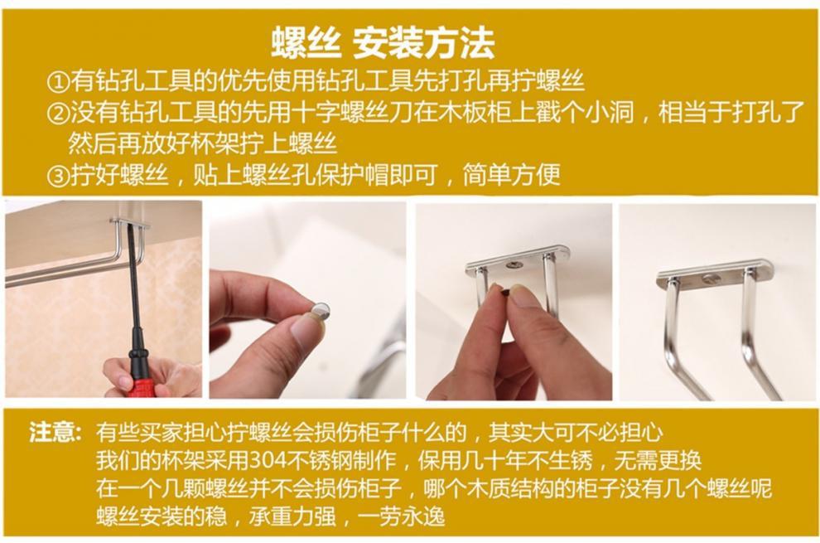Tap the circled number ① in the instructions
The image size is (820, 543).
point(57,82)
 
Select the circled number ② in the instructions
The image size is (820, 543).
point(57,113)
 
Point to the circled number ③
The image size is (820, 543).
point(57,175)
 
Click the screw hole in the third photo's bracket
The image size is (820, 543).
point(514,264)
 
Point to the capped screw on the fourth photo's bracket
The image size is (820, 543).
point(711,278)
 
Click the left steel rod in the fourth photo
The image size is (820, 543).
point(673,332)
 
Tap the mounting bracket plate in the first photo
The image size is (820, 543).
point(131,222)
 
